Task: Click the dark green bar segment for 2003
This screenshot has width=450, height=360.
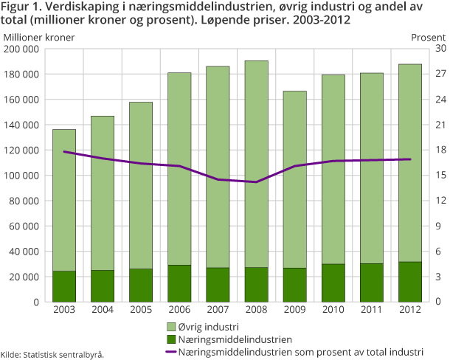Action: click(64, 286)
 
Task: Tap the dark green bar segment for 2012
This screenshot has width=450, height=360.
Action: click(409, 282)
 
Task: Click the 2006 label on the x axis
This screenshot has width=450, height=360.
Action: click(179, 310)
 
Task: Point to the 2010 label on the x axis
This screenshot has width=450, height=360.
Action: click(333, 310)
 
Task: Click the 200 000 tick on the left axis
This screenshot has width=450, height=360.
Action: click(21, 49)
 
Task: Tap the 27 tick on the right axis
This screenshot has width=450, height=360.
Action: click(420, 75)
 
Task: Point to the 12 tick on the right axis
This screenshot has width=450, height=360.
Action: click(420, 201)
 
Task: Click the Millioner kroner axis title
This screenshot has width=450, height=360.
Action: click(34, 36)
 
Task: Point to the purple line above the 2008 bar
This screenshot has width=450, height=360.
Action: click(256, 181)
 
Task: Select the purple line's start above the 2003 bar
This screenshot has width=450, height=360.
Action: click(64, 151)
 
